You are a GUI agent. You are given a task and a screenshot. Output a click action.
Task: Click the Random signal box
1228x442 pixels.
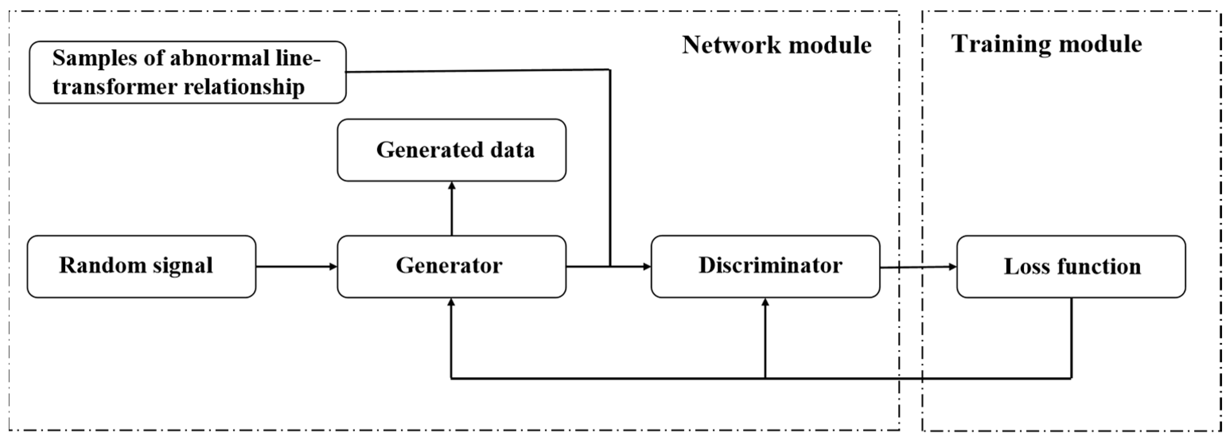click(x=141, y=267)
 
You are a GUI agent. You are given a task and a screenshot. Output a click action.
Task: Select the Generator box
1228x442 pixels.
click(x=451, y=267)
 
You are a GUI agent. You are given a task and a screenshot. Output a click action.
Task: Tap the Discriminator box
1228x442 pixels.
click(x=765, y=267)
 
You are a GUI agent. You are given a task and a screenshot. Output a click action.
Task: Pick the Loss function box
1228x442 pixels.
click(x=1071, y=267)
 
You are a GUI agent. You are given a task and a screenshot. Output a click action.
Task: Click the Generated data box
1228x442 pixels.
click(x=451, y=150)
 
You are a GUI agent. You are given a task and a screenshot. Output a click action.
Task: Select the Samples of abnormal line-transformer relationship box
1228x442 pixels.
click(x=187, y=72)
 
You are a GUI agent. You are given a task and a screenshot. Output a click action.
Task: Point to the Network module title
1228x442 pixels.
click(x=776, y=45)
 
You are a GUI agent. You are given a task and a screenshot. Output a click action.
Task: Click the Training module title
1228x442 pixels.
click(x=1046, y=44)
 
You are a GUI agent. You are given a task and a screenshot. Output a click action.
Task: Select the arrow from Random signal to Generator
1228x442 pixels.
click(x=296, y=267)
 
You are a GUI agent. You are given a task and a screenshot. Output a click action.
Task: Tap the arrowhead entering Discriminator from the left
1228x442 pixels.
click(x=647, y=267)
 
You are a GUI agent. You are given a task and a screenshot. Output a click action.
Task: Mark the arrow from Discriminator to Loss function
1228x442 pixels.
click(x=918, y=267)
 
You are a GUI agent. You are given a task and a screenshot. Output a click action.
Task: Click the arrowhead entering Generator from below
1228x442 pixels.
click(x=451, y=302)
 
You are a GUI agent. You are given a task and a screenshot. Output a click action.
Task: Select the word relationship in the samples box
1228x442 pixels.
click(x=244, y=87)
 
